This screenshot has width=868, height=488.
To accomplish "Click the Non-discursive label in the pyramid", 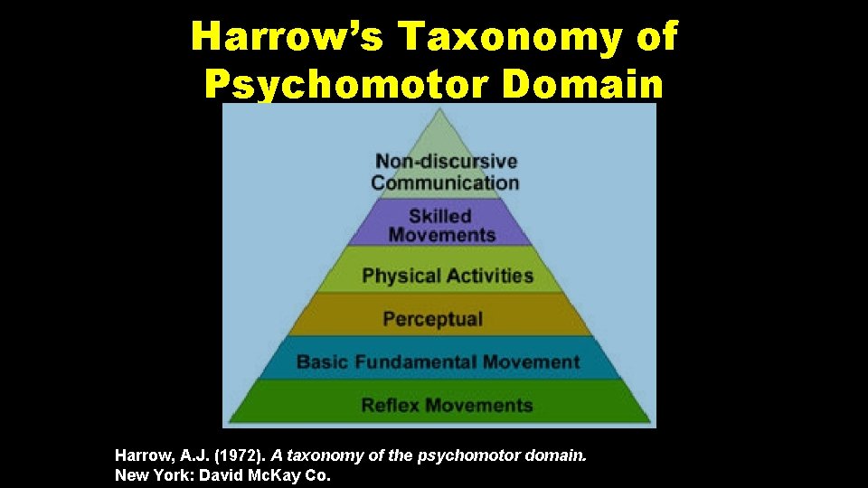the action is coord(446,162).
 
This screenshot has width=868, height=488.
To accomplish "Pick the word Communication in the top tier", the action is coord(446,182).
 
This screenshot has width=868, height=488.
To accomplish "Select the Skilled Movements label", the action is coord(441,225).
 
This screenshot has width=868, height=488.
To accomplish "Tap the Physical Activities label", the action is coord(448,276).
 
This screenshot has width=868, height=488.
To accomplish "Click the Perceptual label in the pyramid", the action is coord(433,319).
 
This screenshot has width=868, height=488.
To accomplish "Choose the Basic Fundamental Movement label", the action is coord(438,362).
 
